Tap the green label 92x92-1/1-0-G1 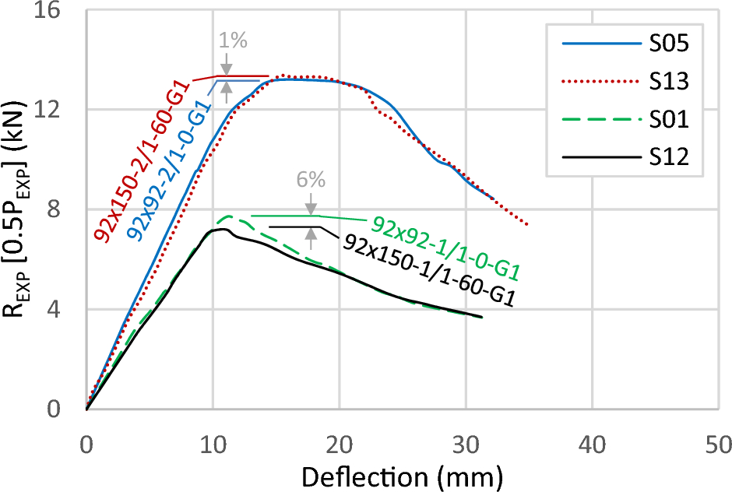tap(445, 247)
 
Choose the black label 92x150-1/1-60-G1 tap(429, 271)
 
